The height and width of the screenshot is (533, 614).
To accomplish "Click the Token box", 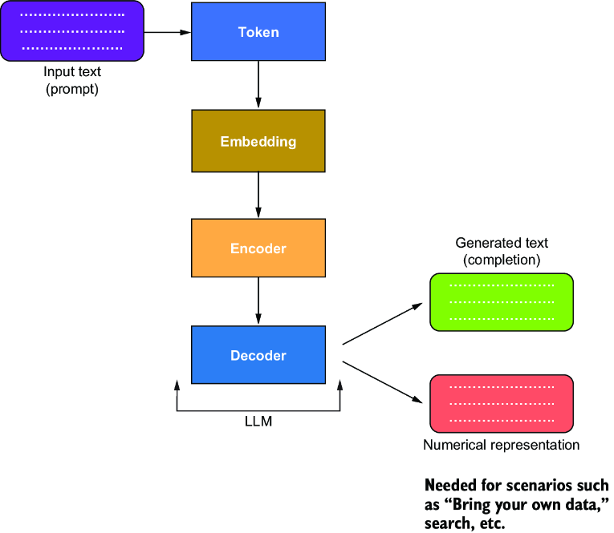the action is click(258, 32).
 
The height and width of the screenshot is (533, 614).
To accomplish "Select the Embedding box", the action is click(258, 141).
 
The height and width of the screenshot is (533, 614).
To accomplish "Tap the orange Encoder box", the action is click(258, 248).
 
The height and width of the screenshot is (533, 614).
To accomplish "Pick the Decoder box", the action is click(258, 355).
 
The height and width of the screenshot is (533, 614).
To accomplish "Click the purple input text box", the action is click(72, 31).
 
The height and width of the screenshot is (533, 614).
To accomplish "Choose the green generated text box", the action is click(502, 302).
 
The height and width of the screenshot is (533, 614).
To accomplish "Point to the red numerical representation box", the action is click(502, 404).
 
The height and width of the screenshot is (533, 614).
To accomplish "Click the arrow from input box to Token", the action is click(168, 32).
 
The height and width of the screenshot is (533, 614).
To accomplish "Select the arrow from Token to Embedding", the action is click(258, 84).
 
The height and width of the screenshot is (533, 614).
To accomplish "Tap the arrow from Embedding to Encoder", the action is click(258, 195).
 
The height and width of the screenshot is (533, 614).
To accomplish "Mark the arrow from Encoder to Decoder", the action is click(258, 301).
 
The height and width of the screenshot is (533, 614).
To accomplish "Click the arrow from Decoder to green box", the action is click(383, 324).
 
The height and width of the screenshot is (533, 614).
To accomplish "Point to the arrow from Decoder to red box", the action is click(383, 382).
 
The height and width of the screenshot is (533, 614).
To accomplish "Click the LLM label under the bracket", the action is click(258, 421).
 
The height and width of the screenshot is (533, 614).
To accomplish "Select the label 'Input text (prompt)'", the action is click(72, 80).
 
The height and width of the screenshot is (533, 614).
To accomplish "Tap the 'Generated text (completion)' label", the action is click(502, 251).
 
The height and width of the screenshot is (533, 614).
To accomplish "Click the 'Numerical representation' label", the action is click(501, 445).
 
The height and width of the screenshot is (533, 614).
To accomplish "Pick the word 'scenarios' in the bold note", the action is click(540, 485).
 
